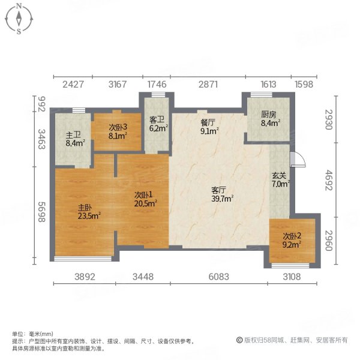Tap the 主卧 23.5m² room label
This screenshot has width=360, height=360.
[x=88, y=212]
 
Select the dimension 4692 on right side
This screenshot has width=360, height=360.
[x=329, y=178]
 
